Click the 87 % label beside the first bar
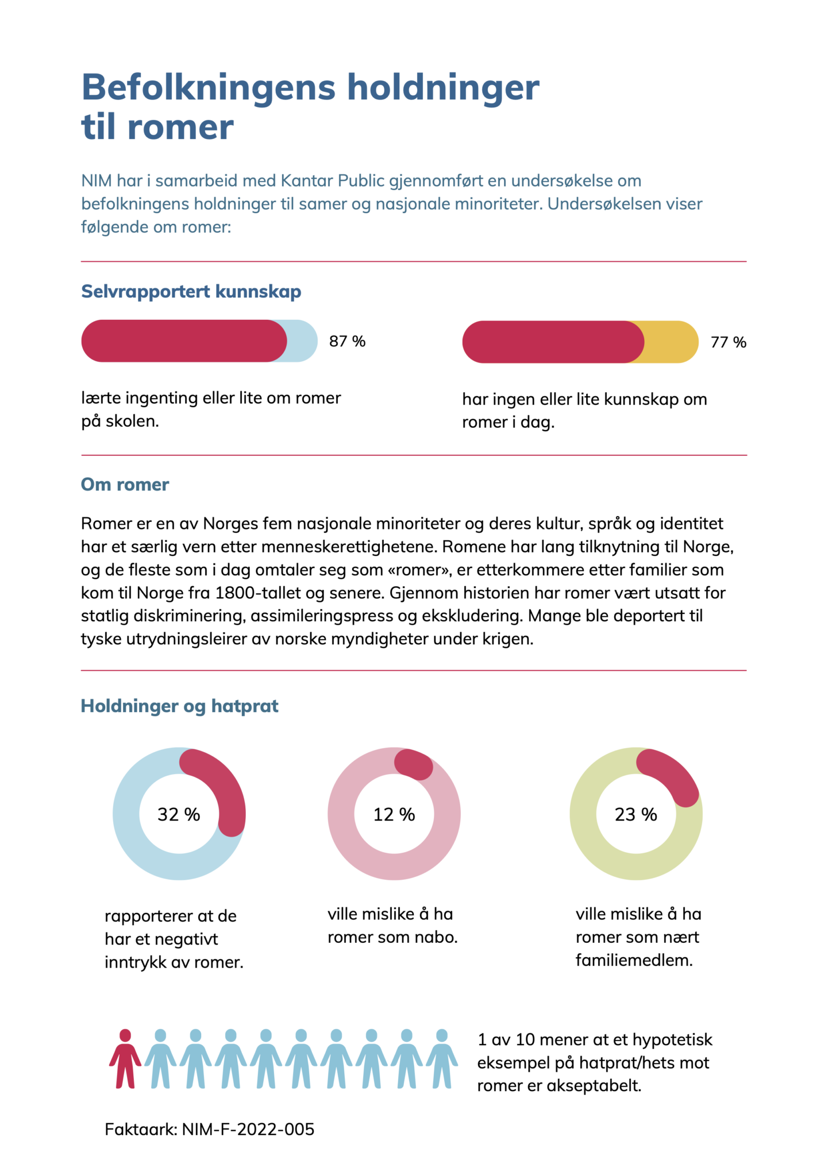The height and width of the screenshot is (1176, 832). click(347, 342)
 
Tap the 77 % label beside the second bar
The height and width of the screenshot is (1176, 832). click(729, 342)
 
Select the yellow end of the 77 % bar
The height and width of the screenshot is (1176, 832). click(672, 342)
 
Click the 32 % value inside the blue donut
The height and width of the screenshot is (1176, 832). click(179, 814)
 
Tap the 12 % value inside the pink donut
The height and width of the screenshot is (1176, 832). click(394, 814)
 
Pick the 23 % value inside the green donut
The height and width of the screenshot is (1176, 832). click(636, 814)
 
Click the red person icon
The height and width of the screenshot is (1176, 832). click(125, 1058)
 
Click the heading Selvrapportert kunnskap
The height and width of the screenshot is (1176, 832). click(191, 292)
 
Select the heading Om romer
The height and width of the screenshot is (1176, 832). click(125, 485)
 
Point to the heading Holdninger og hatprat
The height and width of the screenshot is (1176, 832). click(180, 706)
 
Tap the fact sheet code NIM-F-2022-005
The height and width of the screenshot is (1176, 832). click(248, 1129)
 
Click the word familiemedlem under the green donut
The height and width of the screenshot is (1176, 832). click(634, 961)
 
